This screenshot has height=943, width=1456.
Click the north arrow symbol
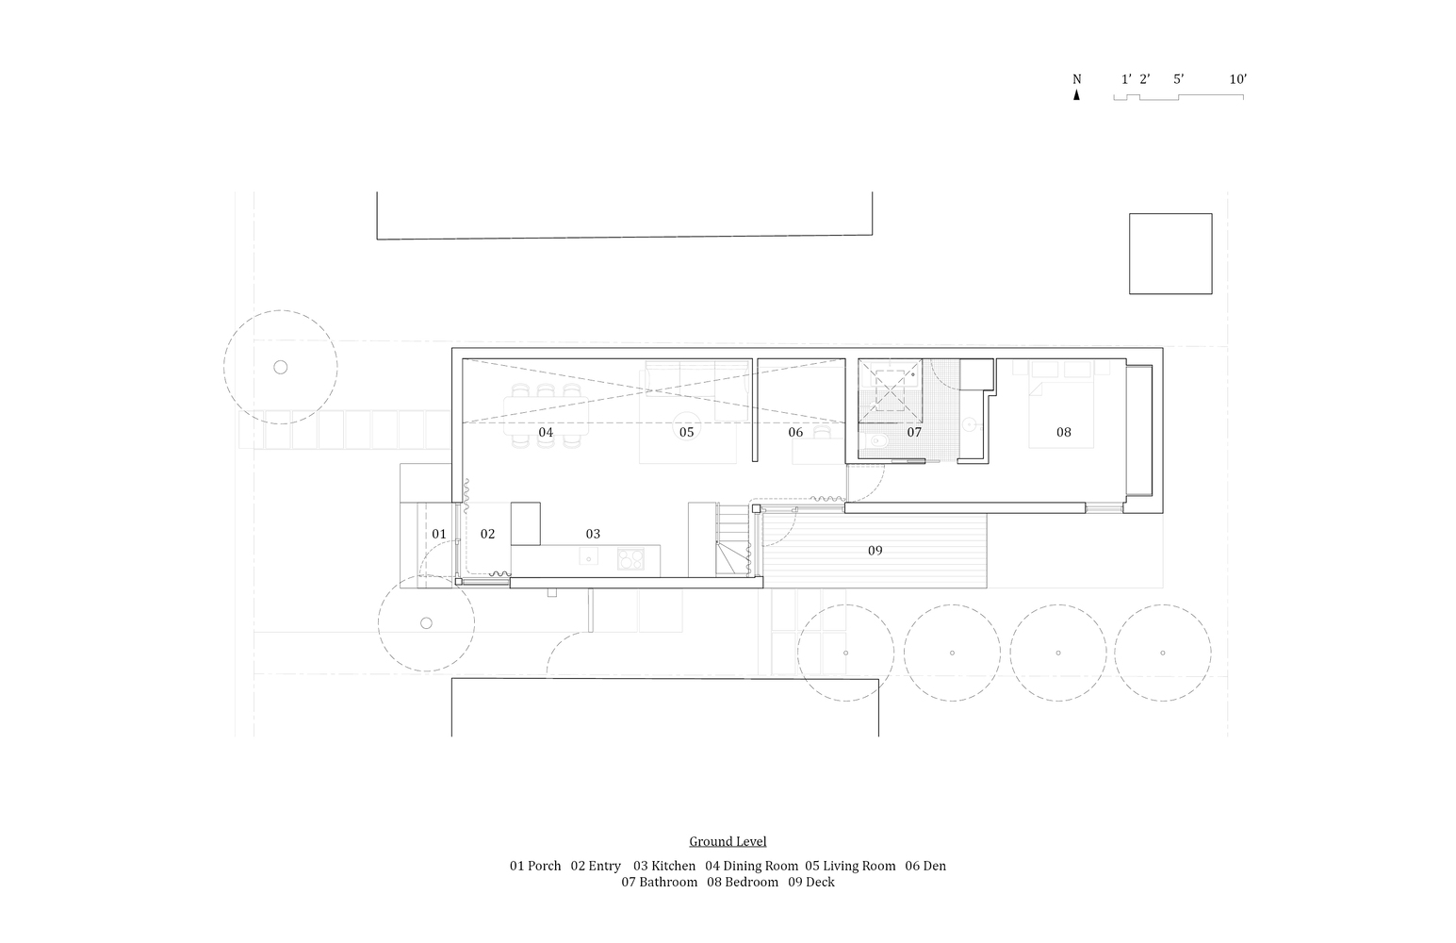[1076, 94]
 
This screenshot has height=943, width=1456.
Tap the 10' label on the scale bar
[1237, 79]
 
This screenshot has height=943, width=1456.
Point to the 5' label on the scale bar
[1178, 79]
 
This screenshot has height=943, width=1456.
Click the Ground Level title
[728, 841]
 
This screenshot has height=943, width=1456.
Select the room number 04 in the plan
[546, 433]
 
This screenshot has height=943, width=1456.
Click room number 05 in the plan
[686, 433]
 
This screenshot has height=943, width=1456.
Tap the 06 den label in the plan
[795, 433]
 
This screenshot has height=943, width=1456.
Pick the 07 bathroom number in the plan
[914, 433]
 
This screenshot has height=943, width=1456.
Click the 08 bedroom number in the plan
[1063, 433]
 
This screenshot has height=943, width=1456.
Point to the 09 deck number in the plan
[875, 551]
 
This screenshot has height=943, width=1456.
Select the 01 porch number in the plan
[439, 535]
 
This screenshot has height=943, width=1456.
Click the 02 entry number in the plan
[487, 535]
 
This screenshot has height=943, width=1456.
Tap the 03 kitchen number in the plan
[593, 535]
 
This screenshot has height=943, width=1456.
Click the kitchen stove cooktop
[630, 559]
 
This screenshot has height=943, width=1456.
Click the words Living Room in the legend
[859, 866]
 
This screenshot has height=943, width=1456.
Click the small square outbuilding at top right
[1170, 254]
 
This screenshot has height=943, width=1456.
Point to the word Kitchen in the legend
[673, 866]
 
